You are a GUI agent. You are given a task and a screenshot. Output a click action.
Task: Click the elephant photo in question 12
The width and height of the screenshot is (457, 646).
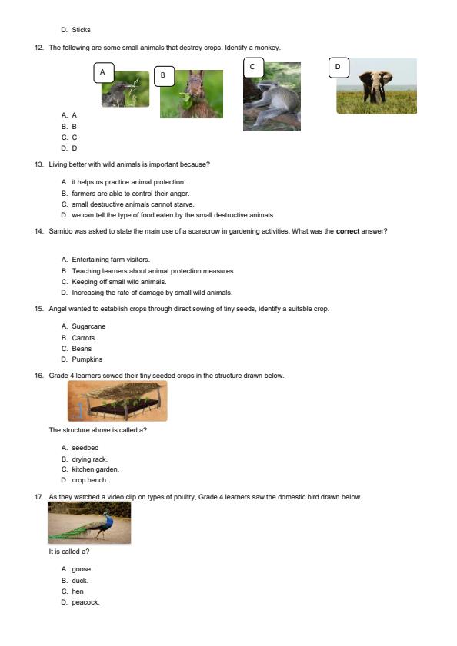click(x=377, y=88)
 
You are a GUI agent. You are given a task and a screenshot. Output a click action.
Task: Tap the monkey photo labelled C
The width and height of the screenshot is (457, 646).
click(x=272, y=98)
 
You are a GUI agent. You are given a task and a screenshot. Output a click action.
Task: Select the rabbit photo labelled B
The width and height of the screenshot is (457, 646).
click(x=192, y=95)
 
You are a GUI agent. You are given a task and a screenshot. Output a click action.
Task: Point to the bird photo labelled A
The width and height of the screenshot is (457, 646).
click(x=126, y=91)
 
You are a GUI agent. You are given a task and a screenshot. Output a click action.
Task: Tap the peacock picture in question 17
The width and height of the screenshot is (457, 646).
click(x=89, y=522)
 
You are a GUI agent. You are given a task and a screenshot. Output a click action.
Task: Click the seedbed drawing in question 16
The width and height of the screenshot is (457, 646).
click(x=117, y=401)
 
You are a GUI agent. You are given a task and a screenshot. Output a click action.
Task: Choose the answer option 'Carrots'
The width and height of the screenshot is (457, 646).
click(x=83, y=338)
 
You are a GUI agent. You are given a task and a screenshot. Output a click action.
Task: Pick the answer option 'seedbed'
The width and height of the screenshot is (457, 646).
click(x=85, y=448)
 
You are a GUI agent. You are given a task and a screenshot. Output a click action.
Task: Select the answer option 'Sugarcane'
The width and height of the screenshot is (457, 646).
click(x=88, y=326)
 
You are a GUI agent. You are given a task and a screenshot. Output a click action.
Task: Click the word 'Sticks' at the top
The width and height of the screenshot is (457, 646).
click(x=81, y=30)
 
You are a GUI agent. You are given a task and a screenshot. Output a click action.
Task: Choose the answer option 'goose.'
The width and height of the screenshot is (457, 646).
click(x=82, y=569)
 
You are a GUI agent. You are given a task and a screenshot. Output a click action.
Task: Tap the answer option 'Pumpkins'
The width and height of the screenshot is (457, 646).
click(x=87, y=359)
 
